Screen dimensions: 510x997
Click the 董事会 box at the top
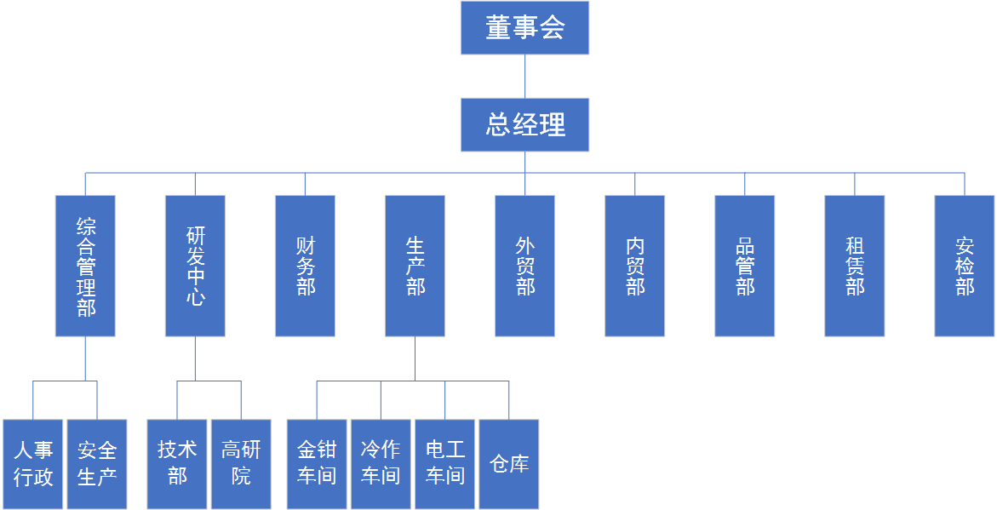524,28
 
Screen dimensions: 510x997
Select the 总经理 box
524,125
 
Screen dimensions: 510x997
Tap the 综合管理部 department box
85,266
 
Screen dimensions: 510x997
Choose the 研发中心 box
195,266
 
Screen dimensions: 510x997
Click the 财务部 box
305,266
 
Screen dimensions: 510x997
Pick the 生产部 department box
415,266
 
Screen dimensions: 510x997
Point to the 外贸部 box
524,266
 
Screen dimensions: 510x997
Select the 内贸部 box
634,266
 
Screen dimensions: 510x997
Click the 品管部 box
744,266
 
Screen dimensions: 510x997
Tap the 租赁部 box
854,266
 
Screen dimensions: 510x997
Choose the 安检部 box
964,266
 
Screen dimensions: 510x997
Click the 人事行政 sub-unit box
33,464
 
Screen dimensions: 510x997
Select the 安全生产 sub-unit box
97,464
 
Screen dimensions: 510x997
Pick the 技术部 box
177,464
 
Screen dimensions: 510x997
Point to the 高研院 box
241,464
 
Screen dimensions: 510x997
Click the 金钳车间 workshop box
317,464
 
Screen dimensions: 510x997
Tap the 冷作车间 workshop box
381,464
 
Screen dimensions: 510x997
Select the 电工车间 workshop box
444,464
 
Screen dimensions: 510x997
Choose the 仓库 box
508,464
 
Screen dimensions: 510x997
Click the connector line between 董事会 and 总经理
524,77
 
